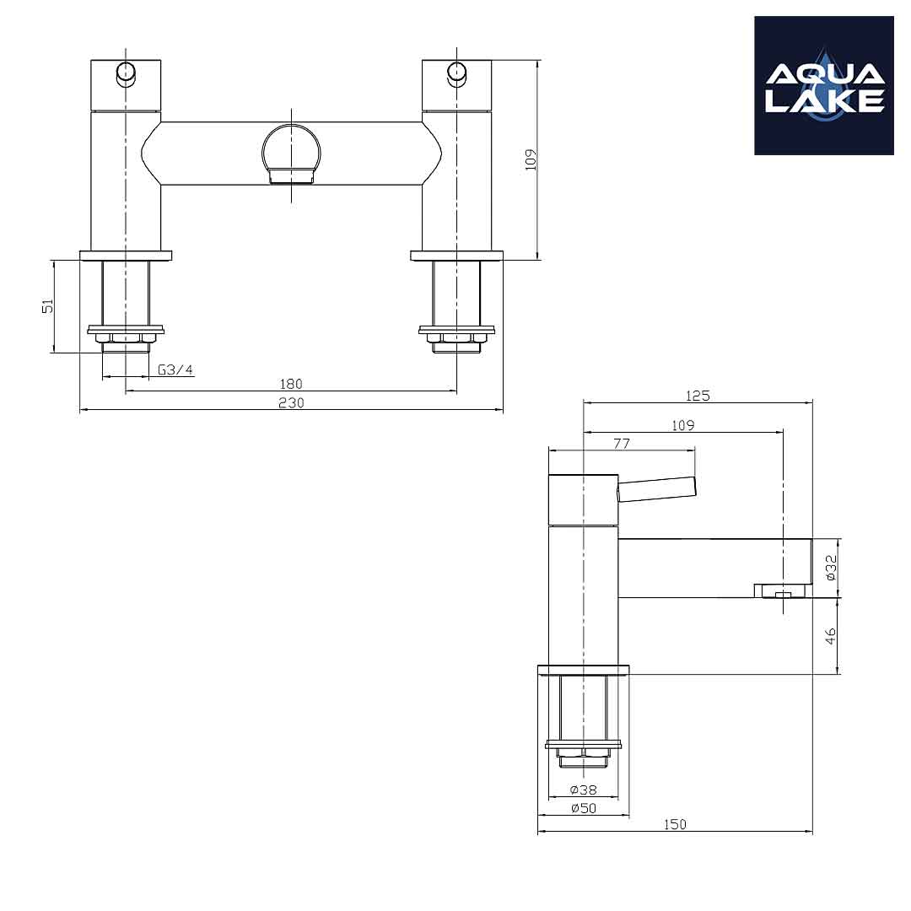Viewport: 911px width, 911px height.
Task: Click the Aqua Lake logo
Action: (x=824, y=85)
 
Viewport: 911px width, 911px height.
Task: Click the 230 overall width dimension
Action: (x=291, y=402)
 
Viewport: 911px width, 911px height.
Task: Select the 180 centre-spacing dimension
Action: (x=291, y=384)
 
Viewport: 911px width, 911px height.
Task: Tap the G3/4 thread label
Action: (x=175, y=369)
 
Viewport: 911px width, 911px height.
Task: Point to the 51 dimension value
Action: (x=47, y=305)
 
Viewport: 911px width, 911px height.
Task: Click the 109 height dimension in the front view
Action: (x=531, y=159)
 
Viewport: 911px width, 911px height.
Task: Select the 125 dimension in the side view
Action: (x=698, y=396)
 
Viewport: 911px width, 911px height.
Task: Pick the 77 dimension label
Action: (x=622, y=444)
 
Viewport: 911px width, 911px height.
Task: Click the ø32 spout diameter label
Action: (x=831, y=568)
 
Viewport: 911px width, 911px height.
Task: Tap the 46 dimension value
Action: (x=831, y=636)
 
